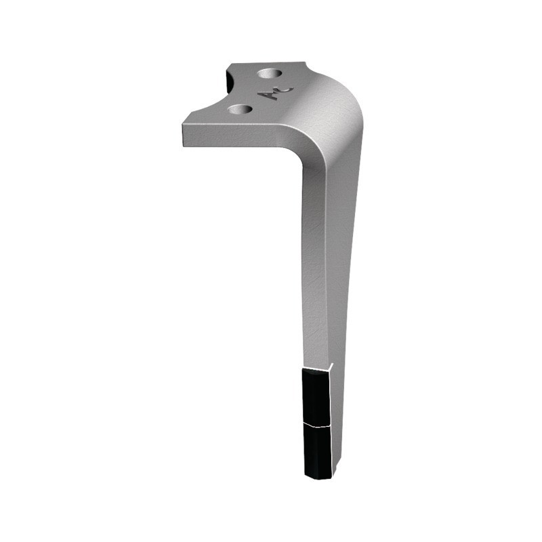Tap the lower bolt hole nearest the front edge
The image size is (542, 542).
240,108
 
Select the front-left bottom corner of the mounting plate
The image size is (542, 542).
184,143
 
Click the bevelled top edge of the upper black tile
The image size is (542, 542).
315,371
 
